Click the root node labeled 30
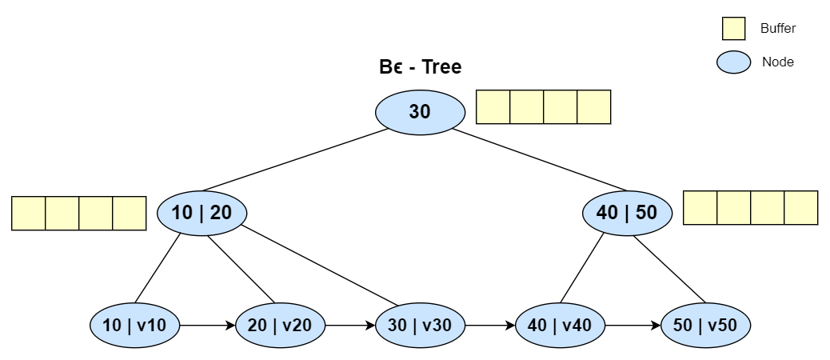(420, 112)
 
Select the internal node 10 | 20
(202, 213)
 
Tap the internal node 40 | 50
(627, 213)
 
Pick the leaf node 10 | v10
(134, 326)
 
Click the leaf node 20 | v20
(280, 326)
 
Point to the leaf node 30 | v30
(420, 326)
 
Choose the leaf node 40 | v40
(560, 326)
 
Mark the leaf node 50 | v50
(705, 326)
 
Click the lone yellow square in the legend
(733, 29)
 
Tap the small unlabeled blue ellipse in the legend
(733, 62)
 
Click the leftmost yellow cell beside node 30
(493, 107)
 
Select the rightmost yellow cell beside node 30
(593, 107)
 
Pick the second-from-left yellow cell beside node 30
(527, 107)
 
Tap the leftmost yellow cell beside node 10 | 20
(29, 214)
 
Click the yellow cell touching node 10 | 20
(129, 214)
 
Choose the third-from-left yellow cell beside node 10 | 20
(96, 214)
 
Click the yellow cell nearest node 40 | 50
(700, 208)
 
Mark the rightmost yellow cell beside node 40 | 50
(800, 208)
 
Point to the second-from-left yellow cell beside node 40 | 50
(734, 208)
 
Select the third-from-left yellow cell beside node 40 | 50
(768, 208)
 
